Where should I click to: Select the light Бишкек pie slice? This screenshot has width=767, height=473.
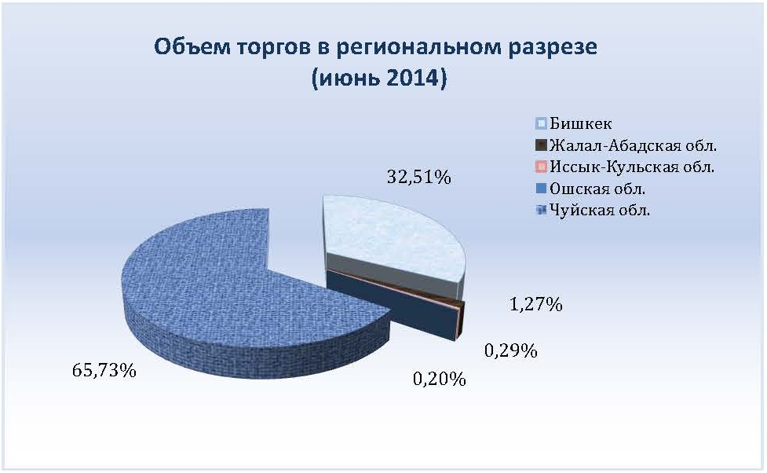386,235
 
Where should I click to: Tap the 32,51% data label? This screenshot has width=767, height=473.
418,177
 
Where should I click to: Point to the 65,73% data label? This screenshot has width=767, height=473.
104,370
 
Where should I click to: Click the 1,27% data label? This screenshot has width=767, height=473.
536,305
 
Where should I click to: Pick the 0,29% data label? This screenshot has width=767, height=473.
511,350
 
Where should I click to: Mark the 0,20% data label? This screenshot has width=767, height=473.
440,379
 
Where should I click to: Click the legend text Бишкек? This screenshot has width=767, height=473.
581,123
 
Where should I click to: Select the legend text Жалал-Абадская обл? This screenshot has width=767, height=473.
634,145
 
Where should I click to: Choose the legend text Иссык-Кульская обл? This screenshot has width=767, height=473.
632,167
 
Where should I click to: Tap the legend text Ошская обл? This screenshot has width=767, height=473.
597,189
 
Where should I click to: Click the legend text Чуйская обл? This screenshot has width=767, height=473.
600,210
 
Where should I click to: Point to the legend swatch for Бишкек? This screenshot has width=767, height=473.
541,124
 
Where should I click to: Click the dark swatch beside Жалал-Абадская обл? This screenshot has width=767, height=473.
541,145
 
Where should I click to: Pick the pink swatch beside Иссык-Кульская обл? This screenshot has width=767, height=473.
541,167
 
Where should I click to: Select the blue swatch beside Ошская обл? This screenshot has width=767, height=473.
541,189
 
